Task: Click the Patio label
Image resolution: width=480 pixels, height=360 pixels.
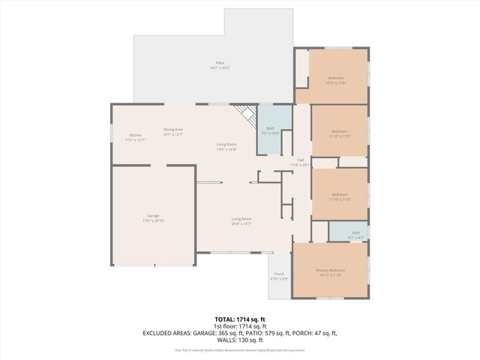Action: click(220, 63)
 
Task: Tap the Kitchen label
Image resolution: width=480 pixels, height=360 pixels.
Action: click(135, 135)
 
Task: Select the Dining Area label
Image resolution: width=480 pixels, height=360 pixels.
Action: click(173, 130)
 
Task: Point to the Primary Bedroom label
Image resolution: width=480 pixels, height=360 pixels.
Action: click(330, 269)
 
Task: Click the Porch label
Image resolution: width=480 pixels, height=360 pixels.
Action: click(279, 274)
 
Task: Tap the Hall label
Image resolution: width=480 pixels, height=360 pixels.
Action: click(300, 160)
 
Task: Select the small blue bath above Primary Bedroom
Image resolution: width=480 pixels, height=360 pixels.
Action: click(356, 233)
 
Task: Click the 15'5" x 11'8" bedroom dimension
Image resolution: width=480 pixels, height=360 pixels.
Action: click(336, 83)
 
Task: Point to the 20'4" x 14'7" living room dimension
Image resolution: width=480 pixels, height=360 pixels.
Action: click(241, 223)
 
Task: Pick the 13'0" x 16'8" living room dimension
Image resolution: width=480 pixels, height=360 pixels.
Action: click(226, 149)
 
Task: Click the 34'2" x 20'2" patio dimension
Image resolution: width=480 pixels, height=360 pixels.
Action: click(220, 68)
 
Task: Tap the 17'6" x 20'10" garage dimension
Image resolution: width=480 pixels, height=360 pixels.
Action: click(153, 221)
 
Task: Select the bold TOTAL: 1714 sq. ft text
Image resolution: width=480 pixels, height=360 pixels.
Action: click(239, 319)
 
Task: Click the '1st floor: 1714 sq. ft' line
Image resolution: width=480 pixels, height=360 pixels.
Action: click(239, 326)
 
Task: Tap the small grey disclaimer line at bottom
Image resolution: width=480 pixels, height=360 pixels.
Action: click(239, 349)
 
